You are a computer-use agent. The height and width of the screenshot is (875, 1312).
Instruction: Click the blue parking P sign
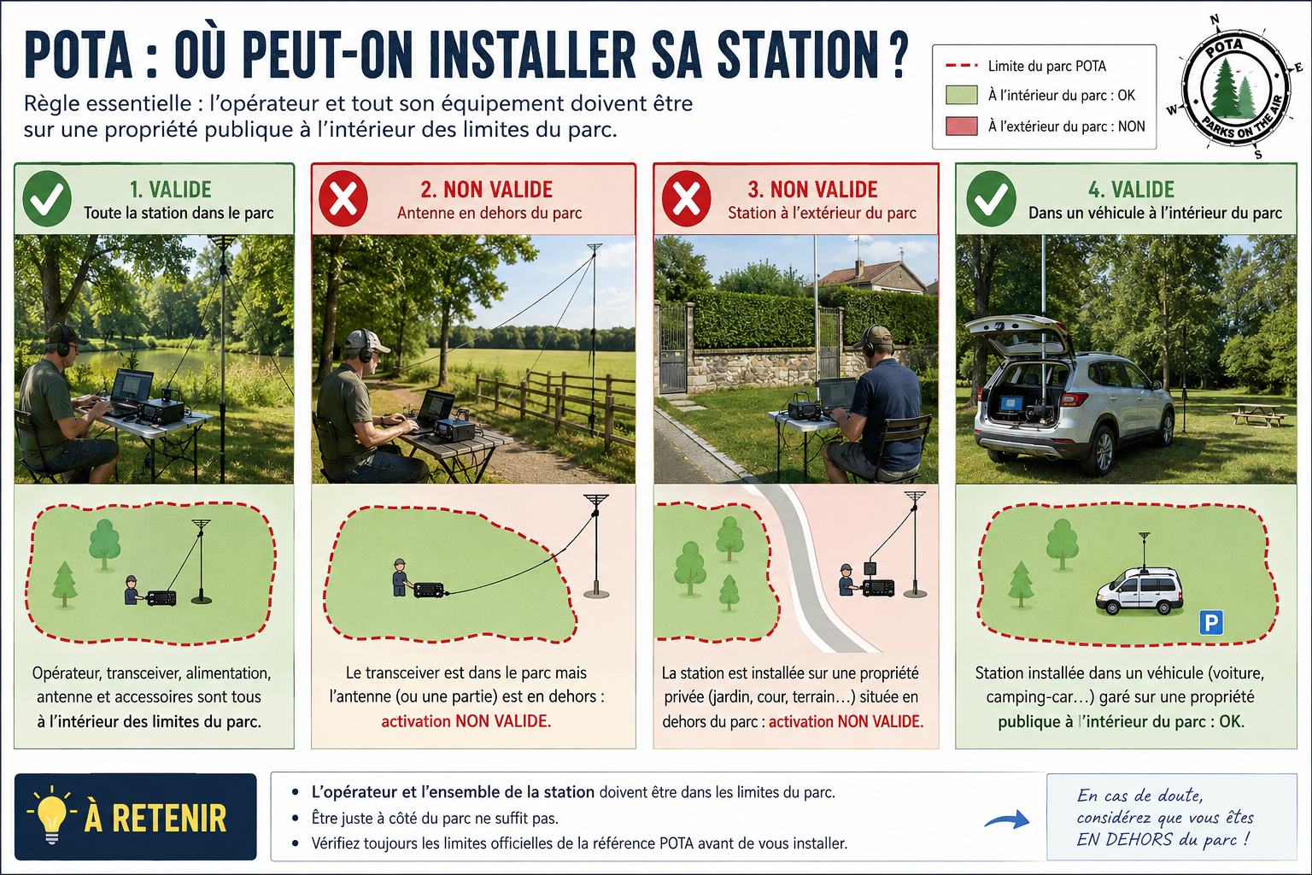pos(1210,622)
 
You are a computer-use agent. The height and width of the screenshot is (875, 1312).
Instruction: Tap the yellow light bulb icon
pos(51,814)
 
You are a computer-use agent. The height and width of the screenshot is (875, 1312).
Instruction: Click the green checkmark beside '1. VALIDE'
pos(47,199)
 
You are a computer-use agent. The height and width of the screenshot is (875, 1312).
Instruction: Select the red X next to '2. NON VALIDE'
pos(343,199)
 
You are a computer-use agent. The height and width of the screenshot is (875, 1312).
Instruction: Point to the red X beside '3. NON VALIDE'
pos(687,199)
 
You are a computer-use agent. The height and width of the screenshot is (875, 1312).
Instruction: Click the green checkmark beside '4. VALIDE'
pos(991,199)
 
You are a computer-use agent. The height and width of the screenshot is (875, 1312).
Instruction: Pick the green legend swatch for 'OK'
pos(962,95)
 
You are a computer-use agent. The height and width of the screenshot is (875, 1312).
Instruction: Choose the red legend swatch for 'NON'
pos(962,126)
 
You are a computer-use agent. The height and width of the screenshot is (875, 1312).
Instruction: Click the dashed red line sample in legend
pos(962,66)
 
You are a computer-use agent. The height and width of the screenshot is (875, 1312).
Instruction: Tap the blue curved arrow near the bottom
pos(1006,820)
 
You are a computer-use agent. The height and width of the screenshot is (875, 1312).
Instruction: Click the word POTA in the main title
pos(79,55)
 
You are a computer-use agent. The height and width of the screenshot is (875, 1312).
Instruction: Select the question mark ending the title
pos(893,55)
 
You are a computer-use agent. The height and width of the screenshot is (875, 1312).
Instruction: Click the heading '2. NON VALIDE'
pos(486,190)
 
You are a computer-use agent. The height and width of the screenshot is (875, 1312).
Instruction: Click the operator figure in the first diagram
pos(132,590)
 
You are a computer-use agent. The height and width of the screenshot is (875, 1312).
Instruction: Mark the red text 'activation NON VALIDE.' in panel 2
pos(466,721)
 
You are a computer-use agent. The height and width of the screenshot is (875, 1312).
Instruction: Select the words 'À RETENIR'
pos(155,818)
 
